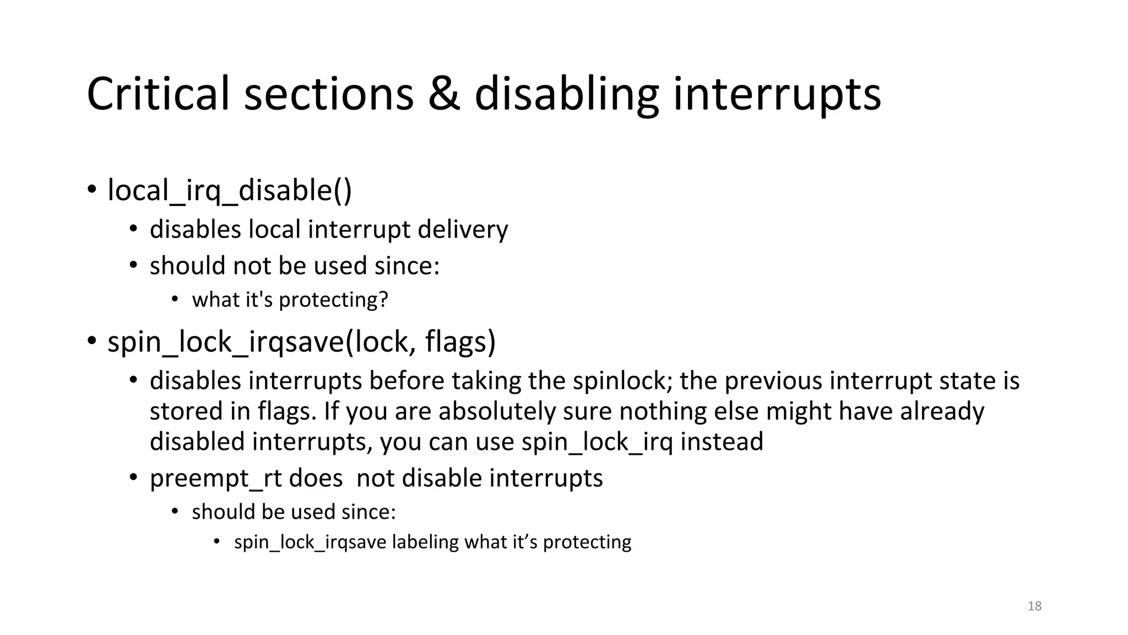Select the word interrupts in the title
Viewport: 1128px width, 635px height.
coord(777,95)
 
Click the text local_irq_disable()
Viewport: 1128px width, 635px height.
coord(229,191)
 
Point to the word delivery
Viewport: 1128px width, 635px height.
coord(463,229)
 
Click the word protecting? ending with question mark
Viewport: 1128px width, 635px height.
coord(333,300)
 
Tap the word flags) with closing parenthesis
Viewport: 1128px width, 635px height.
coord(460,342)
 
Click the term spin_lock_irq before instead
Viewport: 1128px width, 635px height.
coord(597,442)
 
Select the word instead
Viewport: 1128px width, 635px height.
coord(722,442)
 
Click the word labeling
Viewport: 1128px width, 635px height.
coord(425,542)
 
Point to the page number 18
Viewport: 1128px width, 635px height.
coord(1034,606)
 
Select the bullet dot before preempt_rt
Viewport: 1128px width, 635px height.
coord(133,478)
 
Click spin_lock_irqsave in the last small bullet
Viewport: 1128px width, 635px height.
coord(310,542)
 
